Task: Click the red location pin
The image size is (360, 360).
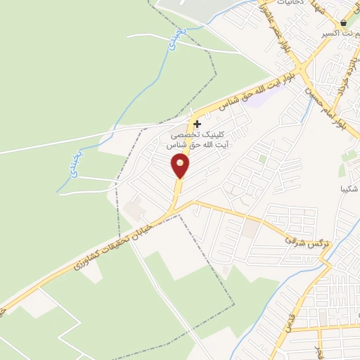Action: tap(181, 166)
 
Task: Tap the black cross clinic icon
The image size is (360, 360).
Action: tap(197, 123)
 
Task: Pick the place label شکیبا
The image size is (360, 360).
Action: tap(349, 188)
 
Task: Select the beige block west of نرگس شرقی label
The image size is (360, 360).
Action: tap(251, 229)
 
